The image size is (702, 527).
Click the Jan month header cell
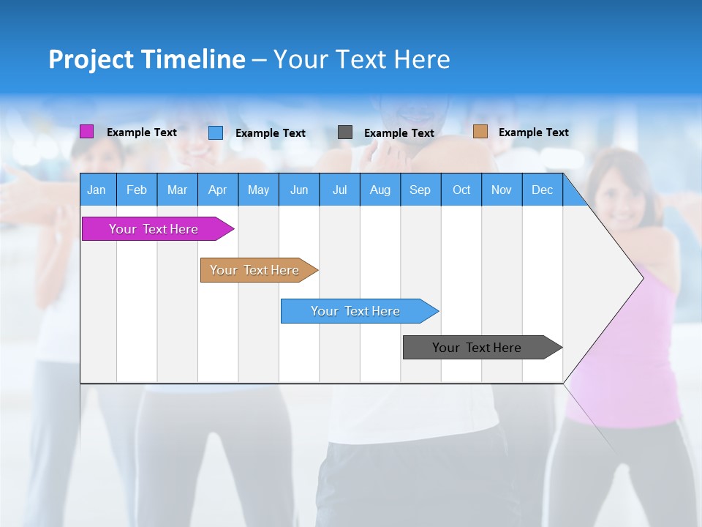[97, 190]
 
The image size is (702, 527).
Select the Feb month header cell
[137, 190]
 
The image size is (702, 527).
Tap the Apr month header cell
[217, 190]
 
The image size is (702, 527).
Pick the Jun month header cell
[299, 190]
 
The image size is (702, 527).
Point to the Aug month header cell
[380, 190]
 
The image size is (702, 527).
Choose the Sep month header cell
[420, 190]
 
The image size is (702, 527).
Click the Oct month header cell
[461, 190]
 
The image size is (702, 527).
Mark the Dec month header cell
[542, 190]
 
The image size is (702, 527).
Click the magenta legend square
[86, 132]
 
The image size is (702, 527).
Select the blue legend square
[216, 132]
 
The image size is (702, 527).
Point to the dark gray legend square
[345, 132]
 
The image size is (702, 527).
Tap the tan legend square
[480, 132]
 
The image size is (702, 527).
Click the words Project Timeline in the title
[147, 59]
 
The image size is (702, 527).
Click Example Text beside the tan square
[533, 132]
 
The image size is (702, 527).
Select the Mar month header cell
[177, 190]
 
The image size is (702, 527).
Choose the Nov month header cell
[502, 190]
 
